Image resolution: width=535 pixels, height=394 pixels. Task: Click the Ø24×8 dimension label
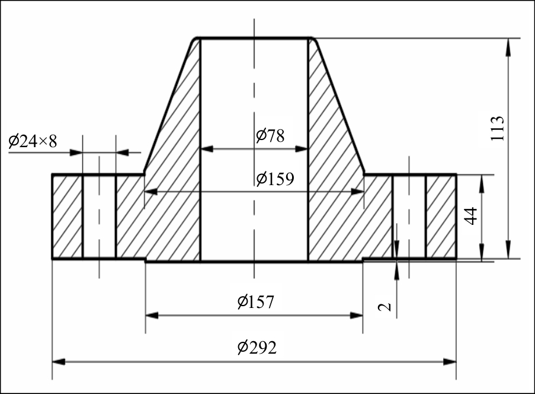33,141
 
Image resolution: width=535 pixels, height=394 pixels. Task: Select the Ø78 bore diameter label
270,136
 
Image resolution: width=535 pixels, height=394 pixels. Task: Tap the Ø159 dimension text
275,179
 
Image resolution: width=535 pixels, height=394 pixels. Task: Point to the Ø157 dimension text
256,302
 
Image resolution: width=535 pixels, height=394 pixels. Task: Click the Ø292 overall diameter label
257,348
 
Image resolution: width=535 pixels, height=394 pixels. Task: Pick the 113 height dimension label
496,128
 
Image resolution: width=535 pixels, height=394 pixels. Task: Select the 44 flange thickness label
471,215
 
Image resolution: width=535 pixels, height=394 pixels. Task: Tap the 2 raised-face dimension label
385,307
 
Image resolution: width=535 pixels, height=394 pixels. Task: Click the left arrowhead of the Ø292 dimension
59,361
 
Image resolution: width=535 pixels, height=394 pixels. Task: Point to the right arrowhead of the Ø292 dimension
450,361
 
